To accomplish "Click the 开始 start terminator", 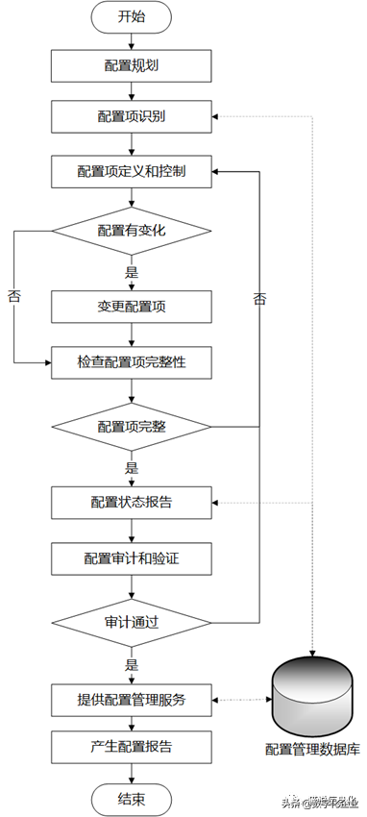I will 131,16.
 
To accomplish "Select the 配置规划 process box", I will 131,65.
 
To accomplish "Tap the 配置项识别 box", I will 131,118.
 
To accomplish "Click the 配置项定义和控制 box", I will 131,173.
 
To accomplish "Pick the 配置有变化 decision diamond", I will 131,231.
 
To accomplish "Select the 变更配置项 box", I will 131,308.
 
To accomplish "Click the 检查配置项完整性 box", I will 131,362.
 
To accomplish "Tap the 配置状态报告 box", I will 131,502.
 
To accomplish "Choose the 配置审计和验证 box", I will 131,557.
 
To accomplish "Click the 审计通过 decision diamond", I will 131,622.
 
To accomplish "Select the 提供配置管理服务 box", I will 131,700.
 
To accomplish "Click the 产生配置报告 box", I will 131,746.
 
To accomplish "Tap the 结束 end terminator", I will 131,799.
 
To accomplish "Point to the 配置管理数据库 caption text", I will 313,749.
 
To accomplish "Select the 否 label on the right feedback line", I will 259,299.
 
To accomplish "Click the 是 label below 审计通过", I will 132,664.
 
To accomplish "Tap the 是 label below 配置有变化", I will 132,273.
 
